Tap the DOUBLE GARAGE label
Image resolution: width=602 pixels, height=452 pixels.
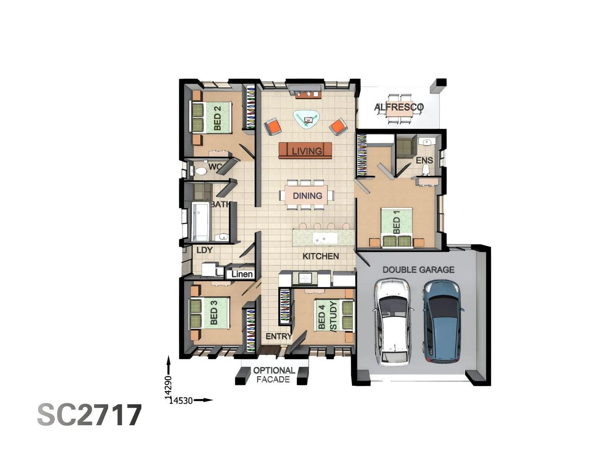click(418, 270)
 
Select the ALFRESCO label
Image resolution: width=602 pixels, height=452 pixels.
click(399, 107)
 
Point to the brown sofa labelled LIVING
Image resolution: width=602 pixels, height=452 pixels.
click(305, 151)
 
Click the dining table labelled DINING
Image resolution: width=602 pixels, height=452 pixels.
click(307, 195)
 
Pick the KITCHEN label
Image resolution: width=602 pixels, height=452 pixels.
click(321, 256)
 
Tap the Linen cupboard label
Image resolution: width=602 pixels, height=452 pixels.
click(242, 274)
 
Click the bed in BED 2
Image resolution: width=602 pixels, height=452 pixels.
click(212, 117)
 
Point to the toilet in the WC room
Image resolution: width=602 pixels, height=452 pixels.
click(200, 171)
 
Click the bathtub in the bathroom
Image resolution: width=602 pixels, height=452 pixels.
click(200, 221)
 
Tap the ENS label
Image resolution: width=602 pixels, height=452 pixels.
click(424, 160)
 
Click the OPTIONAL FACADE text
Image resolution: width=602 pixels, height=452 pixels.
click(273, 375)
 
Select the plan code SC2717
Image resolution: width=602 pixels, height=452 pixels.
click(89, 415)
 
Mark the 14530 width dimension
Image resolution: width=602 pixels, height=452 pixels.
click(181, 401)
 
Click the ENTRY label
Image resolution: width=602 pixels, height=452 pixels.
click(278, 336)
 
